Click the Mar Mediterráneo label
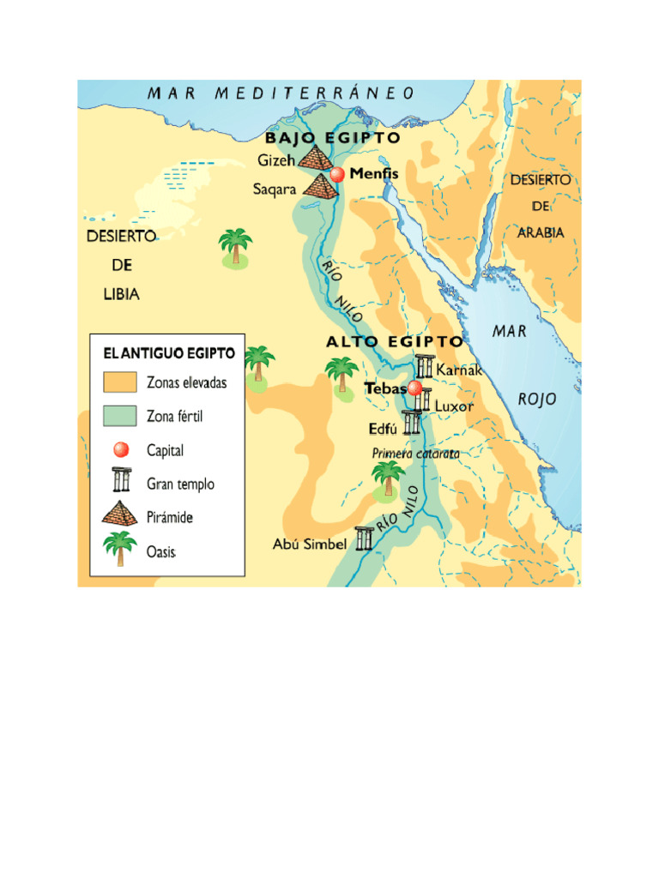[x=281, y=93]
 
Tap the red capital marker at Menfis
[x=337, y=174]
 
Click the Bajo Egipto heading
[x=332, y=138]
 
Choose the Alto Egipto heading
[x=394, y=341]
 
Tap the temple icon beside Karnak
[x=425, y=367]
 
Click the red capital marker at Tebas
[x=415, y=388]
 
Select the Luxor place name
[x=454, y=406]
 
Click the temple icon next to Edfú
[x=413, y=423]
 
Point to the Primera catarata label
[x=415, y=453]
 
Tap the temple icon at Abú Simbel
[x=365, y=538]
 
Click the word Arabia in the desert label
[x=540, y=232]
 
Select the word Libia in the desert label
[x=116, y=294]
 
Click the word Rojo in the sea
[x=537, y=399]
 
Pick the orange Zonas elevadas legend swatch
[x=120, y=382]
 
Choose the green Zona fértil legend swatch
[x=120, y=416]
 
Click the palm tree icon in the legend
[x=119, y=548]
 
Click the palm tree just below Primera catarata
[x=389, y=478]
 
